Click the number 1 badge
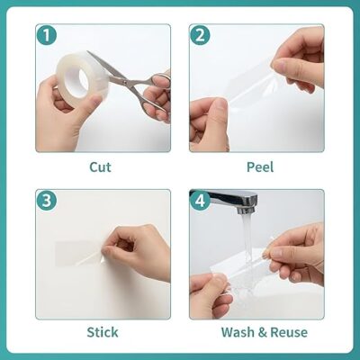[47, 35]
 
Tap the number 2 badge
[200, 35]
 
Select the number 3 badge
[47, 201]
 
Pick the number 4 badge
[200, 201]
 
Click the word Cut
[100, 166]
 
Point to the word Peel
[260, 166]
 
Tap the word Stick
[103, 332]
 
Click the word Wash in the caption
[238, 332]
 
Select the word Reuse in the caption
[289, 332]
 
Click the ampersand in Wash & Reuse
[263, 332]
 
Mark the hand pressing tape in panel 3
[137, 253]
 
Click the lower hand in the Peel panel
[209, 124]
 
